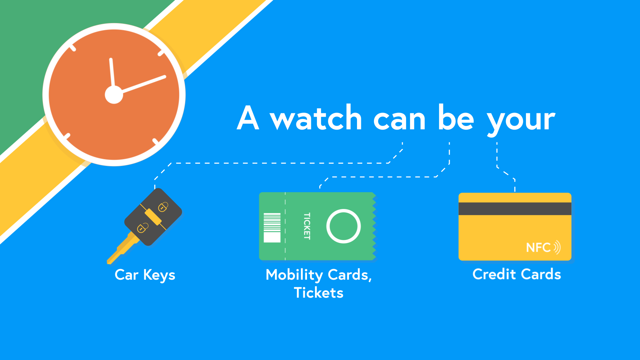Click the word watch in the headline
pos(316,118)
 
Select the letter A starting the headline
pos(248,117)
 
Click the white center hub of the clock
pos(114,95)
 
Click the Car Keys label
pos(145,275)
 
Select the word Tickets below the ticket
pos(318,293)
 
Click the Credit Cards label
pos(517,274)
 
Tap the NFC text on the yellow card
pos(538,248)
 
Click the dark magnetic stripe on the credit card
pos(515,209)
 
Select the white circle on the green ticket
pos(343,226)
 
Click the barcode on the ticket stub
pos(272,227)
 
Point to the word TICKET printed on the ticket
pos(307,226)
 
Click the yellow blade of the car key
pos(122,249)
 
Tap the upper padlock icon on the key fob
pos(163,206)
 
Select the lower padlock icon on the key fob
pos(143,228)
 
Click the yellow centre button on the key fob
pos(153,217)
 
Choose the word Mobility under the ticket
pos(294,275)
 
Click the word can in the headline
pos(399,120)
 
